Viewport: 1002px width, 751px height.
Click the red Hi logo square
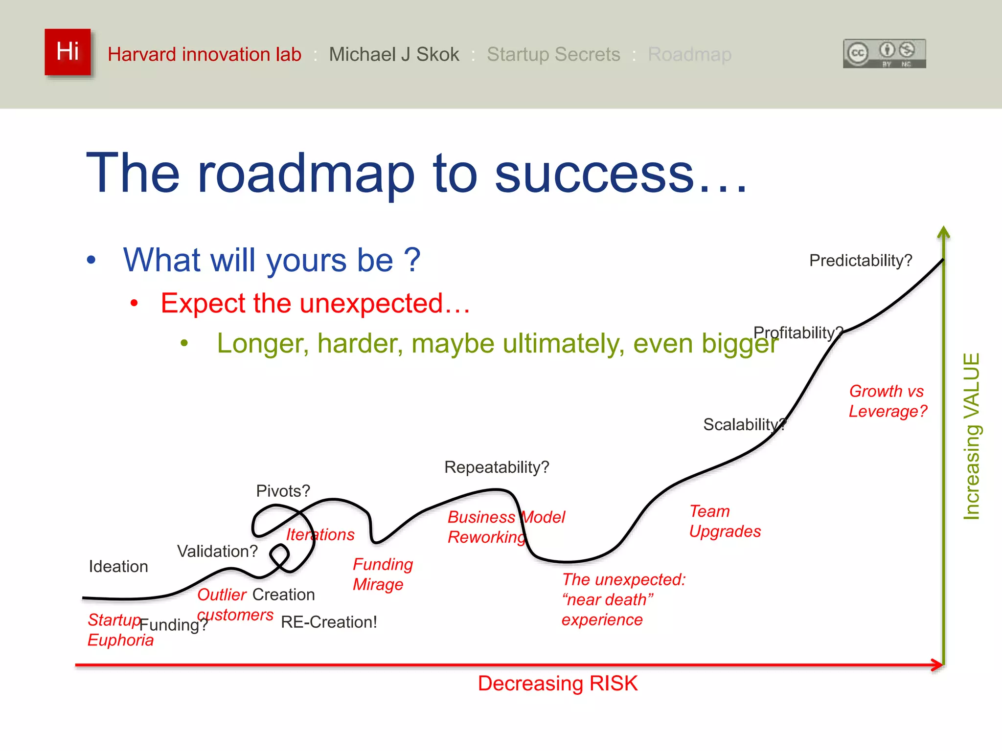click(68, 52)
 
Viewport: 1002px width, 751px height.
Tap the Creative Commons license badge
click(884, 53)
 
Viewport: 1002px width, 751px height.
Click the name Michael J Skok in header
click(394, 54)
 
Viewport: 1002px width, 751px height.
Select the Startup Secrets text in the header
click(553, 54)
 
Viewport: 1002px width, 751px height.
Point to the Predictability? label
click(861, 261)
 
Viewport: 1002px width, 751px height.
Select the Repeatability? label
click(497, 467)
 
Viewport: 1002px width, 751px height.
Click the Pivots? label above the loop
click(283, 491)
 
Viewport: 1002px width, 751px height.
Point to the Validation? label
click(217, 552)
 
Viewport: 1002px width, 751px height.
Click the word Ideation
click(118, 567)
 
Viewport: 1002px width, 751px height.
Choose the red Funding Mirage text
click(383, 574)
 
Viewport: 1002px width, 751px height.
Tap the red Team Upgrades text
click(725, 521)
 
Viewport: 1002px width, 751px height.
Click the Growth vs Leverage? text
click(888, 401)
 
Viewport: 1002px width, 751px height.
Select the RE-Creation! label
click(329, 622)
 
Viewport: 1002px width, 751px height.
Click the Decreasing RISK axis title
click(558, 684)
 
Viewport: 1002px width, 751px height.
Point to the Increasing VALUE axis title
click(971, 436)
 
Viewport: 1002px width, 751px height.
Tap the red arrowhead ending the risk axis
click(938, 665)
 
